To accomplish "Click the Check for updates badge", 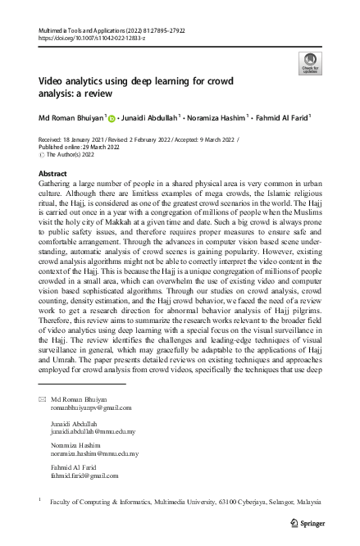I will pos(312,61).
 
